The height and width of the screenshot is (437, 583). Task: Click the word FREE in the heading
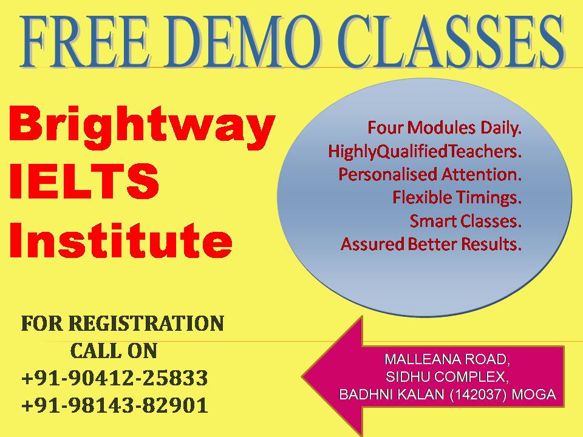pyautogui.click(x=85, y=41)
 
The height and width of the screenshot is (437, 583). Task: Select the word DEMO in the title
pyautogui.click(x=244, y=41)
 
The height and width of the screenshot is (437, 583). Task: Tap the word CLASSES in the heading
pyautogui.click(x=451, y=41)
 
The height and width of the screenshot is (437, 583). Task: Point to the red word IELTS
pyautogui.click(x=84, y=181)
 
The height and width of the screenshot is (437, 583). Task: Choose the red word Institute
pyautogui.click(x=121, y=240)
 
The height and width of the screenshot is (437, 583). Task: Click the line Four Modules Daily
pyautogui.click(x=445, y=128)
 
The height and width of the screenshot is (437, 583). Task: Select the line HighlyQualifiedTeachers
pyautogui.click(x=425, y=152)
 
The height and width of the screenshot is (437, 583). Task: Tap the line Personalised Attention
pyautogui.click(x=430, y=174)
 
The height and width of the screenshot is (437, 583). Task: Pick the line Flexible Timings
pyautogui.click(x=457, y=198)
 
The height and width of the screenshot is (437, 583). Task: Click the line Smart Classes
pyautogui.click(x=466, y=221)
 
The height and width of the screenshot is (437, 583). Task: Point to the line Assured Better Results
pyautogui.click(x=431, y=244)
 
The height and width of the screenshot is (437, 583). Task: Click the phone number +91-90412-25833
pyautogui.click(x=115, y=378)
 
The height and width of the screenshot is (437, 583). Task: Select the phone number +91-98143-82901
pyautogui.click(x=115, y=405)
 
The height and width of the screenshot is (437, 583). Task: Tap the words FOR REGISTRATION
pyautogui.click(x=123, y=324)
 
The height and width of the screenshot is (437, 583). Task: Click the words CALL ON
pyautogui.click(x=114, y=351)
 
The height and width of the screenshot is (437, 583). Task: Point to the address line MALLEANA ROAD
pyautogui.click(x=448, y=359)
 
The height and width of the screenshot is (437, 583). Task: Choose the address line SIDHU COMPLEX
pyautogui.click(x=448, y=377)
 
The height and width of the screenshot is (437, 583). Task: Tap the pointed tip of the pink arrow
pyautogui.click(x=302, y=377)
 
